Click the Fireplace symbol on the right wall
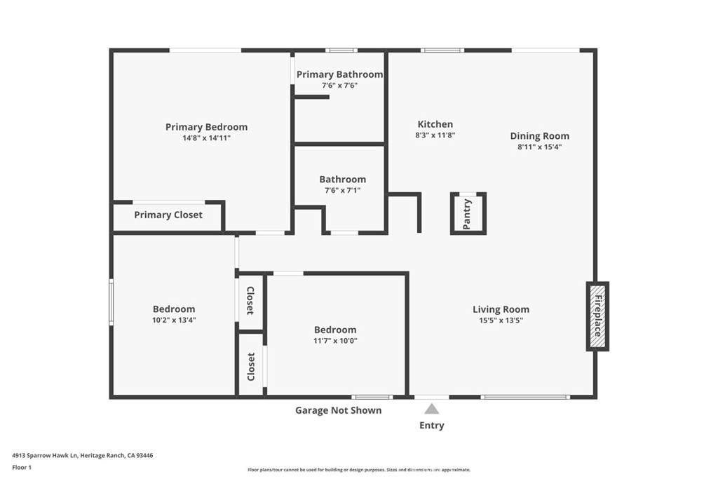pyautogui.click(x=597, y=316)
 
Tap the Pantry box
pyautogui.click(x=468, y=213)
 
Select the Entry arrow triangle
pyautogui.click(x=432, y=409)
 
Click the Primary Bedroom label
pyautogui.click(x=206, y=127)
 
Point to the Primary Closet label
pyautogui.click(x=168, y=215)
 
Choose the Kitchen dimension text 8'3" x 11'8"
pyautogui.click(x=435, y=135)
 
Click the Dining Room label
pyautogui.click(x=539, y=136)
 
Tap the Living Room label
pyautogui.click(x=501, y=309)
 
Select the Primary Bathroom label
pyautogui.click(x=339, y=74)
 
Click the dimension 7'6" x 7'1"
pyautogui.click(x=342, y=190)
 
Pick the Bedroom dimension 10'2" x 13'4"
pyautogui.click(x=174, y=321)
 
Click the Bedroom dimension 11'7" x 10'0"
pyautogui.click(x=335, y=341)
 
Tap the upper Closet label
pyautogui.click(x=250, y=300)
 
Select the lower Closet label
pyautogui.click(x=251, y=366)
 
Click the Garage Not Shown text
pyautogui.click(x=338, y=410)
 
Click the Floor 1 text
pyautogui.click(x=22, y=467)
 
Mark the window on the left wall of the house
pyautogui.click(x=111, y=302)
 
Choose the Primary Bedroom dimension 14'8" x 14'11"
pyautogui.click(x=206, y=138)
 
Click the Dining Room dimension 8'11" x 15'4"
pyautogui.click(x=539, y=147)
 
